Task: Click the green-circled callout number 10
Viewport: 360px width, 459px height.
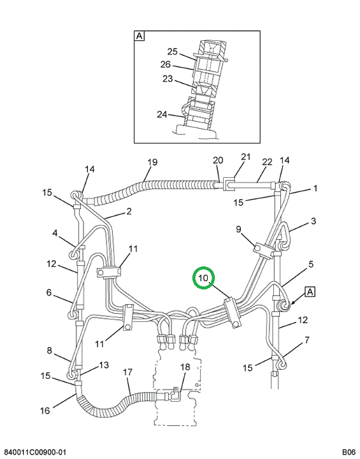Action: click(x=203, y=278)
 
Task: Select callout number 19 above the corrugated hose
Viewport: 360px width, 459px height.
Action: click(x=152, y=162)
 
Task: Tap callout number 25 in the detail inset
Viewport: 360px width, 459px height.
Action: click(x=173, y=52)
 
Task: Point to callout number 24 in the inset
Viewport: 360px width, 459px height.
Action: click(x=162, y=114)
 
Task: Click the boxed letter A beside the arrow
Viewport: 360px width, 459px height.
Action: click(x=310, y=292)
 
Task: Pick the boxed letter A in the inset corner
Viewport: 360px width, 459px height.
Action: click(x=140, y=36)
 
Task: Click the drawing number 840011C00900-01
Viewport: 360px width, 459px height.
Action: click(x=35, y=452)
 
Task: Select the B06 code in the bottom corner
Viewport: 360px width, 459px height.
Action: click(x=349, y=452)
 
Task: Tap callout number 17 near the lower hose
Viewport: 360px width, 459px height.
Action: click(x=128, y=372)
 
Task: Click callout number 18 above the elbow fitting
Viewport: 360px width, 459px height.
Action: click(x=185, y=367)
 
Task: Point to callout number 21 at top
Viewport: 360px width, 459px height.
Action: click(x=246, y=157)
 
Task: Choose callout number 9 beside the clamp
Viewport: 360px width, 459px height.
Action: click(x=238, y=229)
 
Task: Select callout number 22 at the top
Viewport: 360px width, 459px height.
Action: click(x=267, y=162)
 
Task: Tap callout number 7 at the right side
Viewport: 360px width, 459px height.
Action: click(x=306, y=340)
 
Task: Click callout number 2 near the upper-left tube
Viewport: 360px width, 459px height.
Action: click(x=129, y=211)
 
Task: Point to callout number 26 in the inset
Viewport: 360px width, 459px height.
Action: click(x=166, y=64)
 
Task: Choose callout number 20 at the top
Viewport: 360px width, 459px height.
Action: click(x=218, y=160)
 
